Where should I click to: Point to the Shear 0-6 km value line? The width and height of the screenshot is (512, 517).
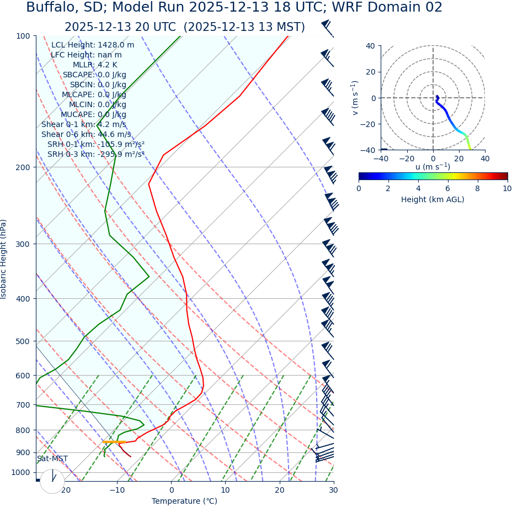(86, 135)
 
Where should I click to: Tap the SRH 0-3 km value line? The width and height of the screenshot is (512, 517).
(95, 155)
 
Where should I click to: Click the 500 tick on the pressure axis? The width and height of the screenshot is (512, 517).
(23, 341)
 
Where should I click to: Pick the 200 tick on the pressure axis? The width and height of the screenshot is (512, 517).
(23, 167)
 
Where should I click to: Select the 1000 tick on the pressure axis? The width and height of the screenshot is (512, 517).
(21, 472)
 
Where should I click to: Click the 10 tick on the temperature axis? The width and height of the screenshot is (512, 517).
(225, 490)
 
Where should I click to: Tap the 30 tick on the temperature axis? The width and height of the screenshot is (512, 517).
(333, 490)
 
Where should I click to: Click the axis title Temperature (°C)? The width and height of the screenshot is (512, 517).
(184, 502)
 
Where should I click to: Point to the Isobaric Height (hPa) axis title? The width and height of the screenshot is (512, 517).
(4, 259)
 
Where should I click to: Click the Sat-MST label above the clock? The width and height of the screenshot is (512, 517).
(52, 459)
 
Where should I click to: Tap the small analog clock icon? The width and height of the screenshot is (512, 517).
(52, 481)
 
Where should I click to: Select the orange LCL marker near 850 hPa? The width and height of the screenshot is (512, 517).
(114, 442)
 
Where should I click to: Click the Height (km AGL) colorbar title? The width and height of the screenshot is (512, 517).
(433, 200)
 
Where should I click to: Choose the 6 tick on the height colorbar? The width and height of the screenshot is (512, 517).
(447, 188)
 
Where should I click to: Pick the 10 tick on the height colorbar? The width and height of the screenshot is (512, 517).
(506, 188)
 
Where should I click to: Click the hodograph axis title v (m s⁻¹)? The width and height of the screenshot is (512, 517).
(355, 98)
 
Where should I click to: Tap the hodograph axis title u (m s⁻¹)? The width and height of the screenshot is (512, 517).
(433, 167)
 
